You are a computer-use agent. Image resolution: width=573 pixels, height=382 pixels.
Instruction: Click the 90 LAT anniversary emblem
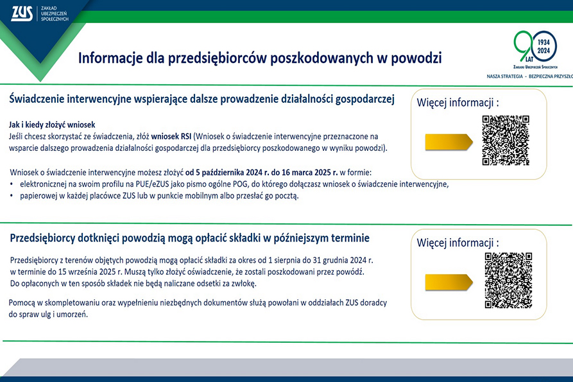tap(535, 49)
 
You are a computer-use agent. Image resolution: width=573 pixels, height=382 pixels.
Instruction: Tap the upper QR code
tap(506, 141)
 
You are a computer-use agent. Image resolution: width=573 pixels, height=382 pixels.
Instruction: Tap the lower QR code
tap(508, 280)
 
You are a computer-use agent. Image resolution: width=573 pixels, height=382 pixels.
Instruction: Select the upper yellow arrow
tap(449, 142)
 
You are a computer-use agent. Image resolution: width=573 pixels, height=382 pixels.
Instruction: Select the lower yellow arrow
tap(449, 282)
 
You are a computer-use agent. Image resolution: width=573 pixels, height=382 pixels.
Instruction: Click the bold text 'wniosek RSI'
tap(171, 136)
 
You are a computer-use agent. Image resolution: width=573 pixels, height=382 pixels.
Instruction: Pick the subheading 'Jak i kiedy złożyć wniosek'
tap(52, 125)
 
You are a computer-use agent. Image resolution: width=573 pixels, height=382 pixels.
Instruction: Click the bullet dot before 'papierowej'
tap(12, 196)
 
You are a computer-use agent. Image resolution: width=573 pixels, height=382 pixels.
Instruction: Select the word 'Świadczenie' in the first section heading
tap(36, 99)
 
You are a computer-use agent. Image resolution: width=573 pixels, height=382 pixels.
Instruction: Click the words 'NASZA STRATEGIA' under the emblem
tap(505, 76)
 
